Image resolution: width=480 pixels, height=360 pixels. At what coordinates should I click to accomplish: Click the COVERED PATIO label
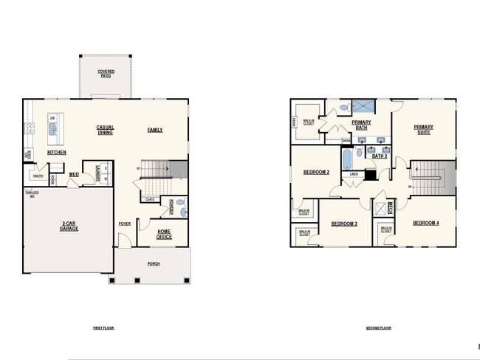[106, 73]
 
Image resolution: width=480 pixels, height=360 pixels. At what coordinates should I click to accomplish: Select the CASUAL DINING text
[105, 131]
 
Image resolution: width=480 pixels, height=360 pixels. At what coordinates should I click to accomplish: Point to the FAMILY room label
[155, 130]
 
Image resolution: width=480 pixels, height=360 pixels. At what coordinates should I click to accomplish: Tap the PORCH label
[154, 263]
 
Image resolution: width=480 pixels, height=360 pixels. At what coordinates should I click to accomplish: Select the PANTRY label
[37, 176]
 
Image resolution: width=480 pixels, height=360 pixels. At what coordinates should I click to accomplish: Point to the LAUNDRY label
[97, 173]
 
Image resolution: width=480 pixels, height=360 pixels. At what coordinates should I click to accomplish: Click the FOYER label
[124, 224]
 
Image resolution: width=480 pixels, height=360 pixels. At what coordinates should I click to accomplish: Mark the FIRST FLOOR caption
[104, 328]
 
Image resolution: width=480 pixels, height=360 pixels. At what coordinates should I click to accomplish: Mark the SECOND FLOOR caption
[378, 328]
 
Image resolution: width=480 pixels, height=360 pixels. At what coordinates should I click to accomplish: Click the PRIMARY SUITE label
[423, 130]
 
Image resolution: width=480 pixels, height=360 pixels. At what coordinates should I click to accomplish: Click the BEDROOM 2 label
[316, 172]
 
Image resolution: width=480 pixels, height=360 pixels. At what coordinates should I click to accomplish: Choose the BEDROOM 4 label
[425, 224]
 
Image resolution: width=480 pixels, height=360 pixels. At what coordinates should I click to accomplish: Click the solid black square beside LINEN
[370, 175]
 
